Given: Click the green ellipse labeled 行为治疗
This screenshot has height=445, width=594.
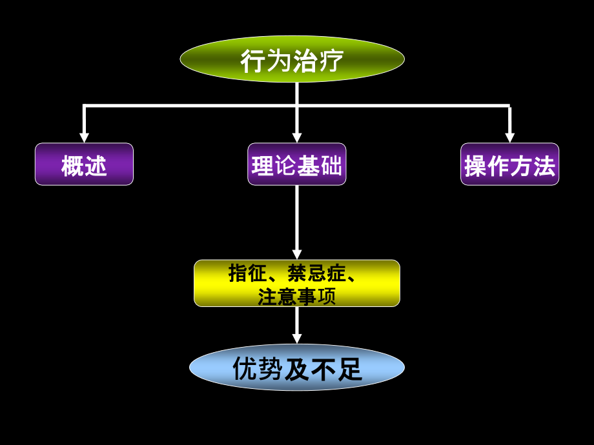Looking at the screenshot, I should point(292,59).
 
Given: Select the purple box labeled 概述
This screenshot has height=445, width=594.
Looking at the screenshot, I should point(84,164).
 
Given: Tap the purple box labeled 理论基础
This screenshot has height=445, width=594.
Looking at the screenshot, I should point(296,164).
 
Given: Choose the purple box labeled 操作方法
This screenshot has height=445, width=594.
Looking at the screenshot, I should point(509,164).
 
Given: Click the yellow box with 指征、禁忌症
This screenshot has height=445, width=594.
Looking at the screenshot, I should point(296,283).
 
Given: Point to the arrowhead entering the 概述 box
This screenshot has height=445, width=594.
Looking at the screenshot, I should point(84,137).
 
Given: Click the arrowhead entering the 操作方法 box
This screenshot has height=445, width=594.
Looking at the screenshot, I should point(509,137).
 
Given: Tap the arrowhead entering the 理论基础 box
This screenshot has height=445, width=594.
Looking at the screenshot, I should point(296,137).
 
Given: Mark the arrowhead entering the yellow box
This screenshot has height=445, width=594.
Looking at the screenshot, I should point(296,254).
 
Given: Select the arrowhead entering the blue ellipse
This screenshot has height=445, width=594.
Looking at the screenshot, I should point(296,338).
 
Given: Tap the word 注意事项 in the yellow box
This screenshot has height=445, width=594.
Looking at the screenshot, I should point(296,296).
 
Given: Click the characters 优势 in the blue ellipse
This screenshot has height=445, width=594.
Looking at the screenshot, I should point(257,370).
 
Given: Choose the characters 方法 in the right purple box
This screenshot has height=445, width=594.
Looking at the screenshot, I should point(533,166).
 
